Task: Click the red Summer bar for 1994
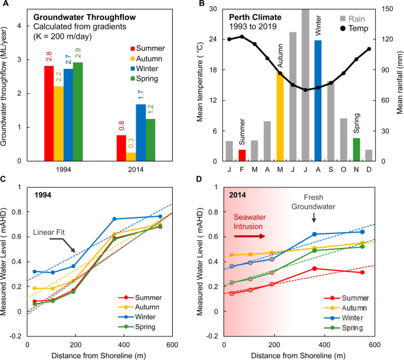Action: pyautogui.click(x=50, y=113)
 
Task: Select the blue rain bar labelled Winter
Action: pyautogui.click(x=318, y=100)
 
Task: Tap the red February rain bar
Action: pyautogui.click(x=242, y=154)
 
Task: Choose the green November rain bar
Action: pyautogui.click(x=356, y=149)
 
